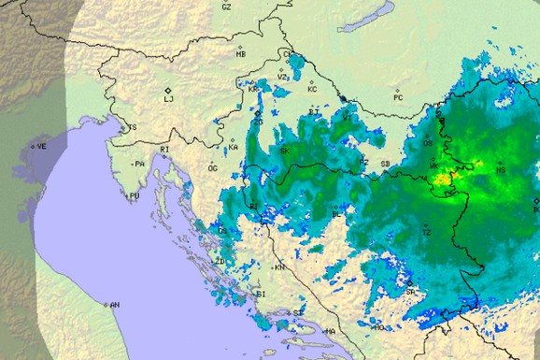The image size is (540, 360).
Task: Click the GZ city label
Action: click(x=226, y=7)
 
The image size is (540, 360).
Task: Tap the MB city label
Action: click(x=241, y=54)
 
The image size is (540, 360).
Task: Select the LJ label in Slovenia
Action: click(x=169, y=97)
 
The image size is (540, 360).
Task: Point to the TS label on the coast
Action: click(x=132, y=128)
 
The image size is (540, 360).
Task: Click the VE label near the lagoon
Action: click(x=41, y=147)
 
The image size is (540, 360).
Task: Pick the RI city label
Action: click(x=164, y=150)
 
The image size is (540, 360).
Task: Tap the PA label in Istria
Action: click(x=140, y=164)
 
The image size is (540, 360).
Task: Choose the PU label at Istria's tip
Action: click(x=135, y=195)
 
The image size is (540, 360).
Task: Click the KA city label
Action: click(x=234, y=148)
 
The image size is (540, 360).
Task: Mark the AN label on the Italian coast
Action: click(x=114, y=305)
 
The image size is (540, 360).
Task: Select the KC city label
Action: click(x=312, y=90)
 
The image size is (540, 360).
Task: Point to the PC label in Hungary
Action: click(x=398, y=97)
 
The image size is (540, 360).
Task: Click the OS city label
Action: click(x=428, y=143)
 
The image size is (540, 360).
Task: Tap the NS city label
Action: click(x=501, y=170)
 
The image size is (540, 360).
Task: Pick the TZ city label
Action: click(x=426, y=233)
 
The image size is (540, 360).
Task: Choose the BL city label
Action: click(x=337, y=214)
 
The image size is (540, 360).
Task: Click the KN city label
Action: click(x=279, y=267)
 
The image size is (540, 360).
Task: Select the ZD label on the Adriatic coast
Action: click(x=220, y=261)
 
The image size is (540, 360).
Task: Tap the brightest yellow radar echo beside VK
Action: click(x=447, y=175)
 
